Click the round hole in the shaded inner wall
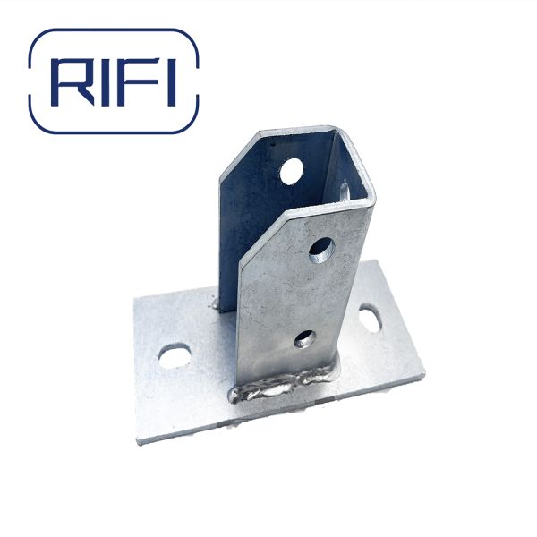click(291, 170)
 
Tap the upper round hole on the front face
click(321, 250)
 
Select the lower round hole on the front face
click(304, 338)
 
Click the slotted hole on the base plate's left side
click(174, 355)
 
